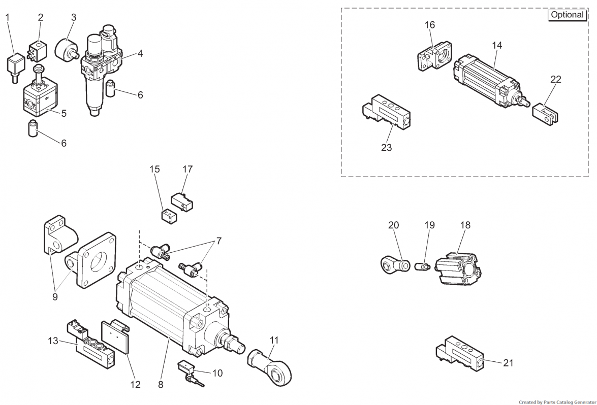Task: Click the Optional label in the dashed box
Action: pyautogui.click(x=567, y=15)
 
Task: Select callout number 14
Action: pyautogui.click(x=497, y=45)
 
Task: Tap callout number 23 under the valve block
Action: pyautogui.click(x=386, y=147)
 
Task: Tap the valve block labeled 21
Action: pyautogui.click(x=461, y=353)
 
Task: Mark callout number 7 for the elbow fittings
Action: pyautogui.click(x=218, y=241)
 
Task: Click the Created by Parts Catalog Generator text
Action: pyautogui.click(x=558, y=402)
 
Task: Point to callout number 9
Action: pyautogui.click(x=55, y=296)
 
